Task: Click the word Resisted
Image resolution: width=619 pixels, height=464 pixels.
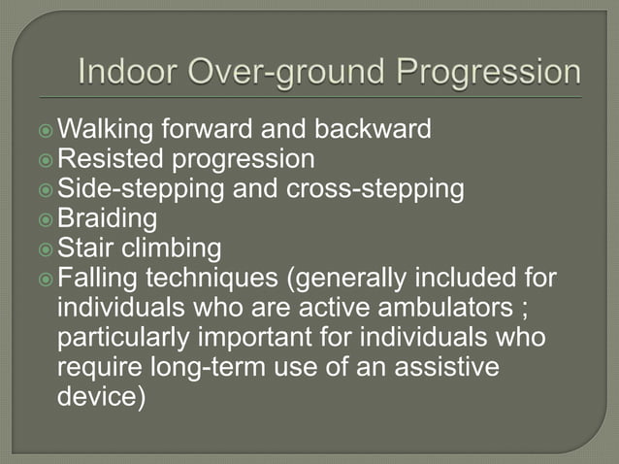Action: (x=109, y=158)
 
